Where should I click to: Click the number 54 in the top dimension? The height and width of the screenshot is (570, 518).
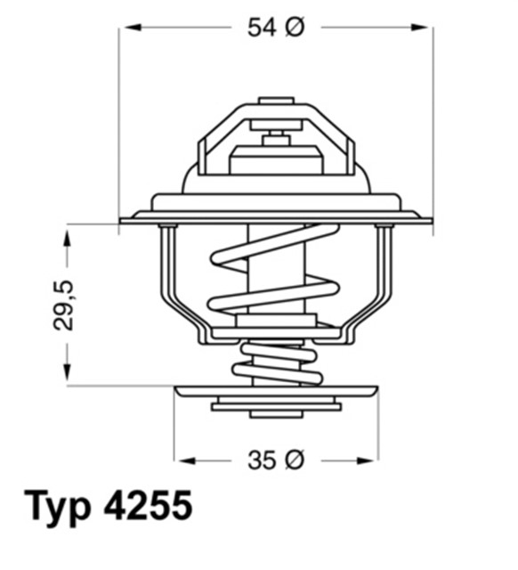[x=261, y=28]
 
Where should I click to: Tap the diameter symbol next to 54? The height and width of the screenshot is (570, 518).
[x=295, y=28]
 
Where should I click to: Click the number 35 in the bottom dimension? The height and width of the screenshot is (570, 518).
[x=261, y=460]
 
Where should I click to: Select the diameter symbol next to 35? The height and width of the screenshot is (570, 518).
[x=295, y=460]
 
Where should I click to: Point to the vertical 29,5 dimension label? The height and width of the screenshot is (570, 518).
[x=64, y=305]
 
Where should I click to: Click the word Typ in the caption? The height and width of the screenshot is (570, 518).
[x=59, y=507]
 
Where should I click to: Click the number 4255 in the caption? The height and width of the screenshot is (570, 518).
[x=148, y=507]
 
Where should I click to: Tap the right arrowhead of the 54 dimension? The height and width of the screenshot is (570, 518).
[x=425, y=28]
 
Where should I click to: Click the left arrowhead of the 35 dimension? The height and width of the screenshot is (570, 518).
[x=182, y=460]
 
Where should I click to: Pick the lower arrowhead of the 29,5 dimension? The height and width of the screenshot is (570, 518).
[x=67, y=376]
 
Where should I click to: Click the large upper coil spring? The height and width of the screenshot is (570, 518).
[x=274, y=267]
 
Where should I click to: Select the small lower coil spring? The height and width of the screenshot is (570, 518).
[x=275, y=361]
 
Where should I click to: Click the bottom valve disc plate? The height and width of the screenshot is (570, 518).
[x=276, y=392]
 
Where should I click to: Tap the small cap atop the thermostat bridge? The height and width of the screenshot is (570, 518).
[x=276, y=101]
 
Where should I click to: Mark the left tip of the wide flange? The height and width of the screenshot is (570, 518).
[x=123, y=220]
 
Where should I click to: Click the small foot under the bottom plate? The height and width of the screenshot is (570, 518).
[x=276, y=414]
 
